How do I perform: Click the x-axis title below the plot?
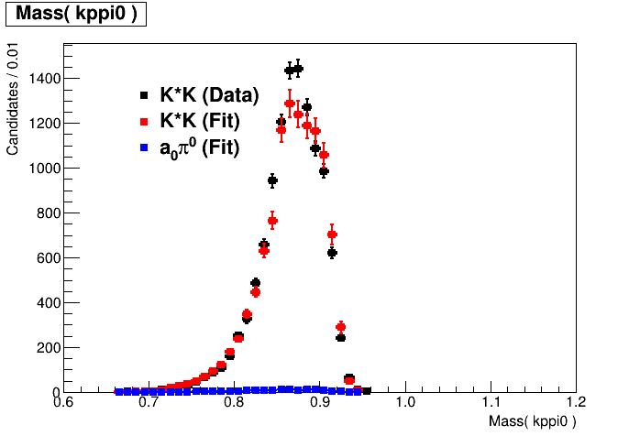tap(533, 421)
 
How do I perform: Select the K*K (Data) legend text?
tap(209, 95)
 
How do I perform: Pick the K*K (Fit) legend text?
tap(200, 121)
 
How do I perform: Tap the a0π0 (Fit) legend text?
tap(199, 147)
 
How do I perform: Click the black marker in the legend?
tap(144, 95)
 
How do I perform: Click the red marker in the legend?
tap(144, 121)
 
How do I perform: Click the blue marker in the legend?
tap(144, 147)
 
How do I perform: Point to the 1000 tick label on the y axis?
tap(44, 169)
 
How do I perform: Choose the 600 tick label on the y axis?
tap(47, 258)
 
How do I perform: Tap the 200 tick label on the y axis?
tap(47, 348)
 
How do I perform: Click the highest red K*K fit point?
tap(290, 104)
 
